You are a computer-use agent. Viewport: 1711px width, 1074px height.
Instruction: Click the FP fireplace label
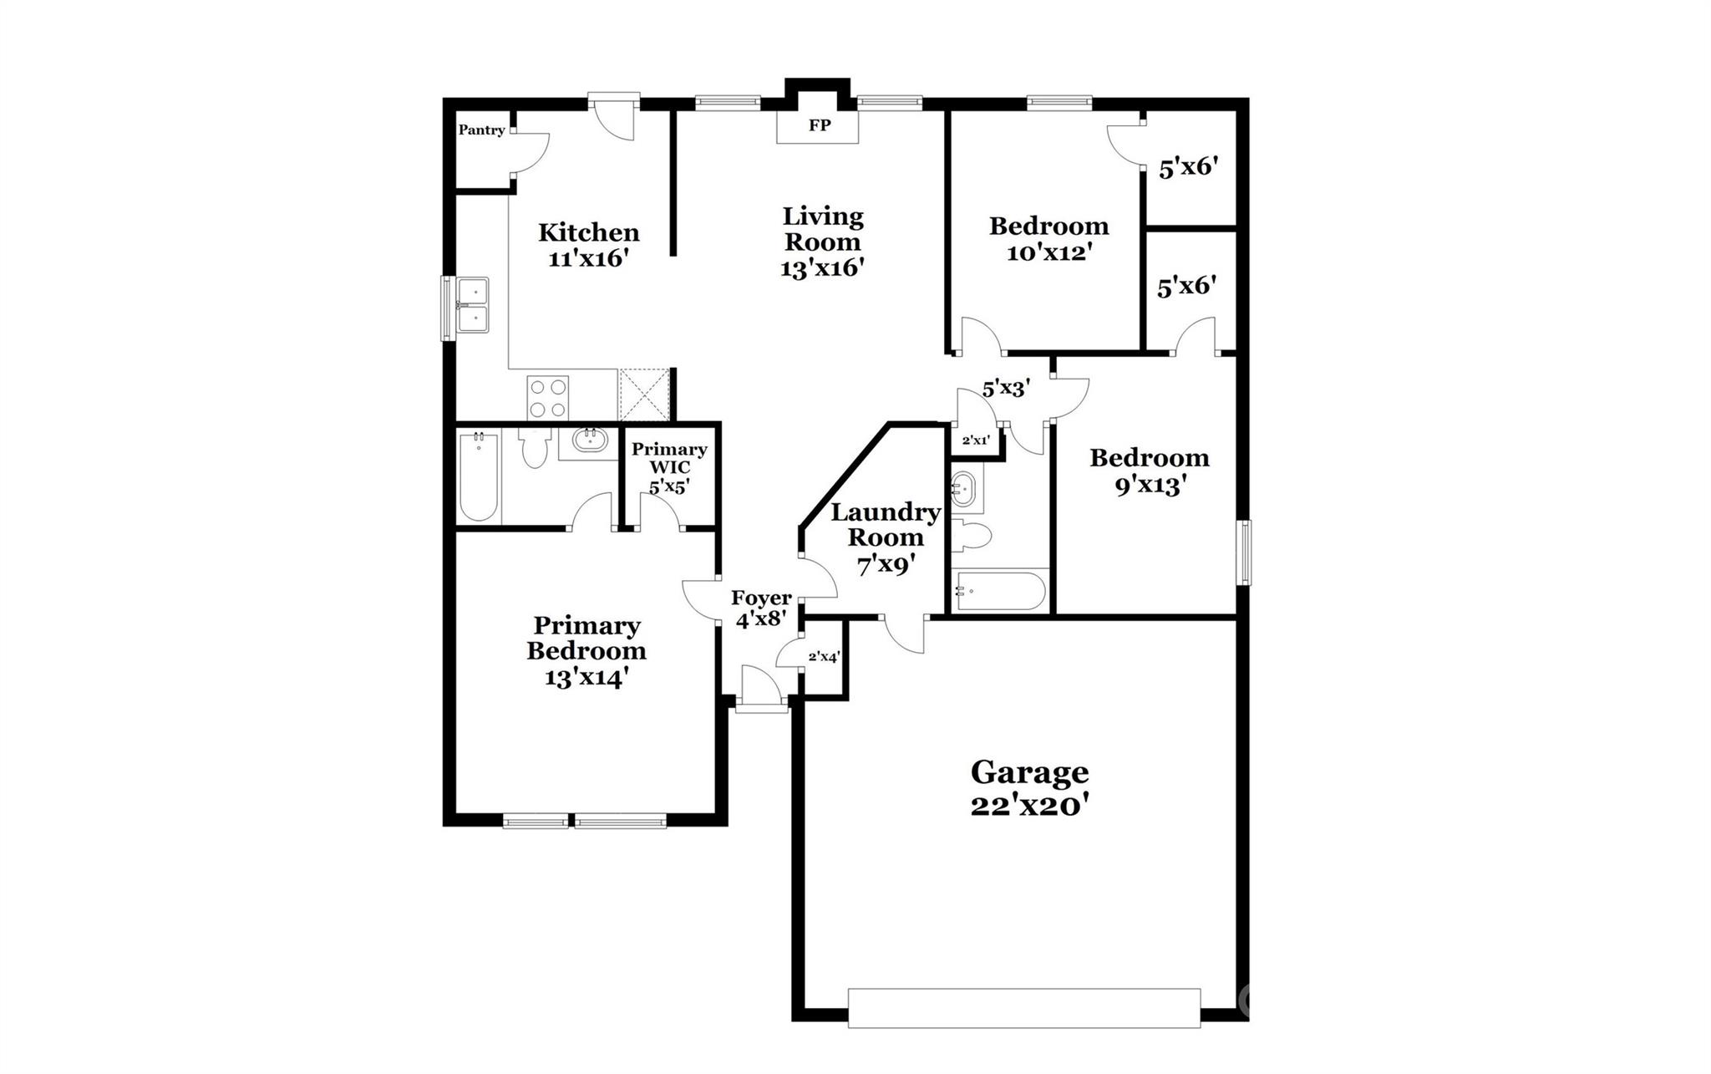click(x=819, y=125)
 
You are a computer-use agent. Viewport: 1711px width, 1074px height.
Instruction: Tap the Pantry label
click(x=481, y=130)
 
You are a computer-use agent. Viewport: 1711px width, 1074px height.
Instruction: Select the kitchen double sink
click(x=472, y=306)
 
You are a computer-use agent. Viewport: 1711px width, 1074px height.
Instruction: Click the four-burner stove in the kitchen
click(x=547, y=398)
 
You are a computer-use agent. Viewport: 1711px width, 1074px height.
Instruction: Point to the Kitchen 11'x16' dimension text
click(x=588, y=258)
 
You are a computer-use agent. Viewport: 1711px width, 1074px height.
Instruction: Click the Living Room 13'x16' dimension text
click(x=822, y=268)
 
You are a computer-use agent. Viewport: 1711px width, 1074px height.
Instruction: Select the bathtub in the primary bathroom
click(x=478, y=476)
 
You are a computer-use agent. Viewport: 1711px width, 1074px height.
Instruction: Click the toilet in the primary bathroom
click(x=532, y=448)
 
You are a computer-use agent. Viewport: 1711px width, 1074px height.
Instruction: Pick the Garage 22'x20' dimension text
click(x=1029, y=806)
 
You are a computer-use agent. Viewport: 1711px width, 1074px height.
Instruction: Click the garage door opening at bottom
click(x=1023, y=1008)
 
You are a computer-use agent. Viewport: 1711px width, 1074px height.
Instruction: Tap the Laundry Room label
click(x=886, y=525)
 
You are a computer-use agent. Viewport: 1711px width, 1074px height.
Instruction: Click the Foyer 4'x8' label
click(x=761, y=608)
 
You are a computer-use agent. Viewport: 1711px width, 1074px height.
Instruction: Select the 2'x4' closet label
click(x=823, y=657)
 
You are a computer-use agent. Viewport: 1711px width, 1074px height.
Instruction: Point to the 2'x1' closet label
click(x=976, y=440)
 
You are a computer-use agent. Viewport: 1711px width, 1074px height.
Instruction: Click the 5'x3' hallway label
click(x=1005, y=388)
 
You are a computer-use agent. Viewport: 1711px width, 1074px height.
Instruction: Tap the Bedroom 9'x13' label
click(x=1150, y=471)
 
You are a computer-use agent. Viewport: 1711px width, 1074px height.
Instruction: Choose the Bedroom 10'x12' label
click(x=1048, y=239)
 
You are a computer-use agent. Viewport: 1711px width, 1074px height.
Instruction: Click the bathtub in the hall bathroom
click(x=999, y=590)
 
